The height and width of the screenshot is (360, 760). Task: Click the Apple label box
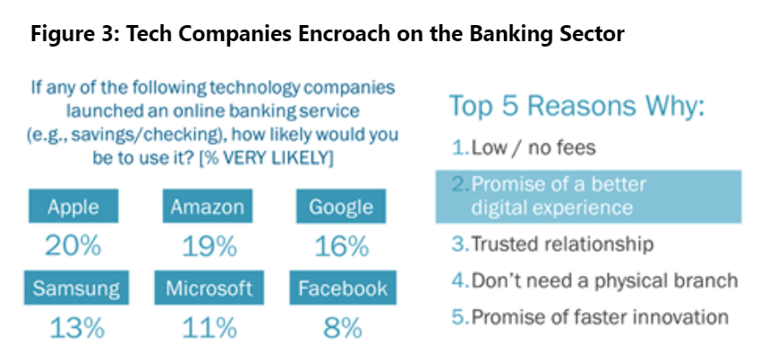coord(73,206)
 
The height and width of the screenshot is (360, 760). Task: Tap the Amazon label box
coord(208,206)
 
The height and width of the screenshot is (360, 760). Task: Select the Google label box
coord(341,206)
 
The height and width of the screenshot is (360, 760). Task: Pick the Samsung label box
coord(76,287)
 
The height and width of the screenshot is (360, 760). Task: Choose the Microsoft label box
coord(209,287)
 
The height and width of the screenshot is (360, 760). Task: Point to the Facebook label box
coord(343,287)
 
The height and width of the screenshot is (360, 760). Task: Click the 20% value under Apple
coord(73,246)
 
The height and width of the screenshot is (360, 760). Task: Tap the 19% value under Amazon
coord(209,246)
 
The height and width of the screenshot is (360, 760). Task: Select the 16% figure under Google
coord(342,246)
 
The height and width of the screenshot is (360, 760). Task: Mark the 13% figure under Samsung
coord(77,328)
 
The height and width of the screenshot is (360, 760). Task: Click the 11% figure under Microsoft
coord(209,328)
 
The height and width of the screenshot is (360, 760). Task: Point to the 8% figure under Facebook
coord(343,328)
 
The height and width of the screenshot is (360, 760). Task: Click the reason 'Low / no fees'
coord(524,148)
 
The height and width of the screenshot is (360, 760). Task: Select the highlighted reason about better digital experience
coord(588,196)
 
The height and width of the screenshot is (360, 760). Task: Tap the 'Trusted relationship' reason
coord(552,244)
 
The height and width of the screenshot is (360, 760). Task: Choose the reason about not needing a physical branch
coord(595,280)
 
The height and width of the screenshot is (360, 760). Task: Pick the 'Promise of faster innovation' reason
coord(590,317)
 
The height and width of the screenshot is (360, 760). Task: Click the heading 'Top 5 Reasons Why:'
coord(576,107)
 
